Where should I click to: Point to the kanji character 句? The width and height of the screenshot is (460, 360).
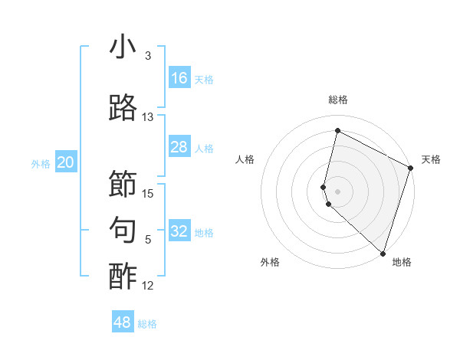(x=123, y=230)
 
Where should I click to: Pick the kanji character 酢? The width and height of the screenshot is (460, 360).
(x=123, y=276)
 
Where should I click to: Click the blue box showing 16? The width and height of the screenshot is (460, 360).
(x=179, y=78)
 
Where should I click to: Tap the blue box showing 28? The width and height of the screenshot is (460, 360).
(x=179, y=147)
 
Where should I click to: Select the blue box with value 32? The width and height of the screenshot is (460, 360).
(x=179, y=231)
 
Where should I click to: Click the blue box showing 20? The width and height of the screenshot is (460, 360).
(x=65, y=162)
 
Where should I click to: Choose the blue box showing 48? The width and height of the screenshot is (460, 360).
(x=123, y=322)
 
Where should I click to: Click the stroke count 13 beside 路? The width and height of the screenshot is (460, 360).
(x=148, y=117)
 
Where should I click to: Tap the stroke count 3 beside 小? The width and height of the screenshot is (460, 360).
(x=148, y=56)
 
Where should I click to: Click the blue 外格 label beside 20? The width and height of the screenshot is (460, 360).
(x=41, y=163)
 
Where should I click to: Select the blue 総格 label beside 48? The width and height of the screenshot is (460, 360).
(x=147, y=324)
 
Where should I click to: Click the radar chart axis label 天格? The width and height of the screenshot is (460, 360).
(x=431, y=159)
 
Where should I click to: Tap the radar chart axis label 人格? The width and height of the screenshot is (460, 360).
(x=245, y=159)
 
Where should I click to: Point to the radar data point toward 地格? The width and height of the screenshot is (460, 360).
(x=383, y=254)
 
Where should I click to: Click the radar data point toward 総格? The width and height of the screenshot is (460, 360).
(x=337, y=131)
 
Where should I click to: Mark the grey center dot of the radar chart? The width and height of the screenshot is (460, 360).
(x=337, y=191)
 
